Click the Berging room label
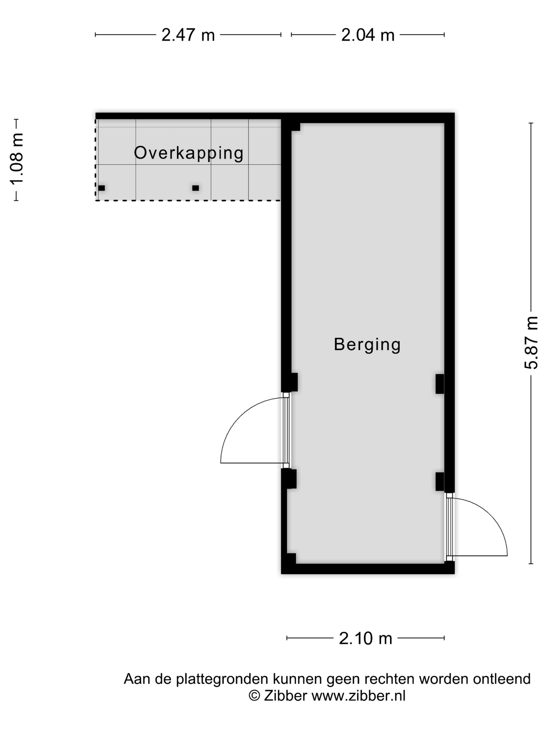[x=367, y=345]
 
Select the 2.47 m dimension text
[x=188, y=35]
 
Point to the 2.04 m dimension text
[x=368, y=35]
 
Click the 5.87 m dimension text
[x=531, y=343]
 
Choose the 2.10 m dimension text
[x=366, y=638]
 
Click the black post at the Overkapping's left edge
[x=102, y=188]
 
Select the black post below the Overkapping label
[x=196, y=188]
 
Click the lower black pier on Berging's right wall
[x=439, y=481]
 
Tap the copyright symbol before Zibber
[x=254, y=696]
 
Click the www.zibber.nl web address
[x=359, y=696]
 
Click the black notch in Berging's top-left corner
[x=295, y=127]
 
